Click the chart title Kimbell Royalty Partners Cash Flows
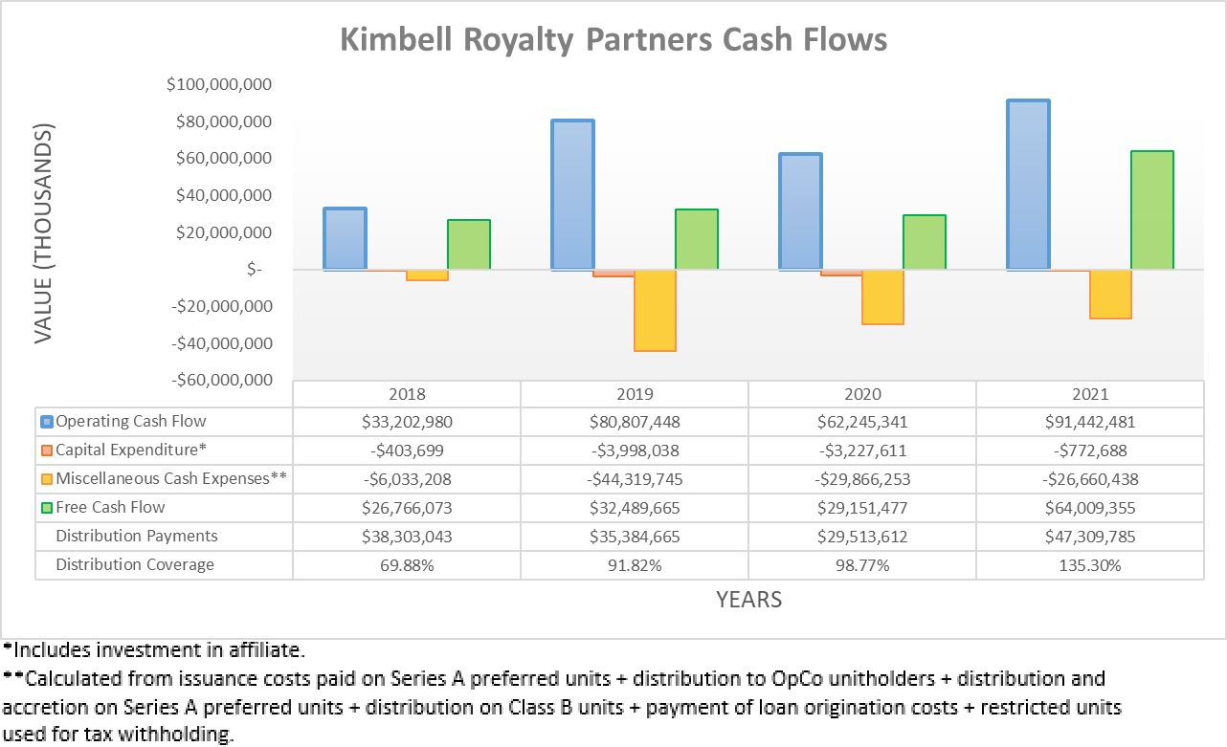(x=613, y=40)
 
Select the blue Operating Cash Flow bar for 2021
(x=1027, y=185)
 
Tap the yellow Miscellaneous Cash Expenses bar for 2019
(x=655, y=311)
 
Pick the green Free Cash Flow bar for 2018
(x=469, y=245)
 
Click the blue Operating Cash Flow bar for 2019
(x=572, y=195)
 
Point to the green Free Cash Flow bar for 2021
(x=1152, y=210)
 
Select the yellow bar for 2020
(x=882, y=297)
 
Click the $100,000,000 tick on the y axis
(x=219, y=85)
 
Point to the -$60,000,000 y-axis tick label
(x=219, y=381)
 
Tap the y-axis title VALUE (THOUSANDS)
(x=44, y=233)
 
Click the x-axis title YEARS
(x=748, y=600)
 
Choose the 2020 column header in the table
(x=862, y=394)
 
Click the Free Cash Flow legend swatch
(x=46, y=508)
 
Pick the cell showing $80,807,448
(x=635, y=422)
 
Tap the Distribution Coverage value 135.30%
(x=1090, y=565)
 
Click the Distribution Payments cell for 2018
(x=407, y=537)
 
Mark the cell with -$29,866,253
(x=862, y=479)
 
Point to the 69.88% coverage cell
(x=407, y=565)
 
